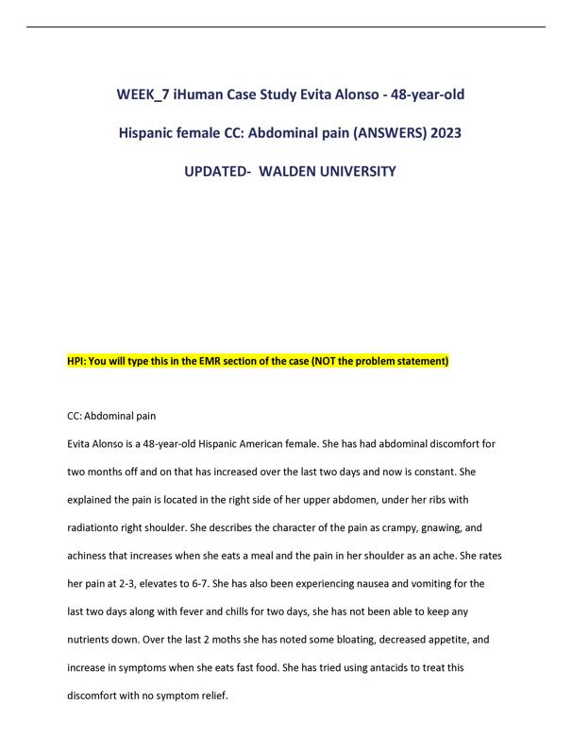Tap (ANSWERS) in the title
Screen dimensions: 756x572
tap(379, 133)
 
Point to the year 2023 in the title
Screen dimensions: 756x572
tap(444, 133)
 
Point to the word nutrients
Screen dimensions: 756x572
tap(95, 640)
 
